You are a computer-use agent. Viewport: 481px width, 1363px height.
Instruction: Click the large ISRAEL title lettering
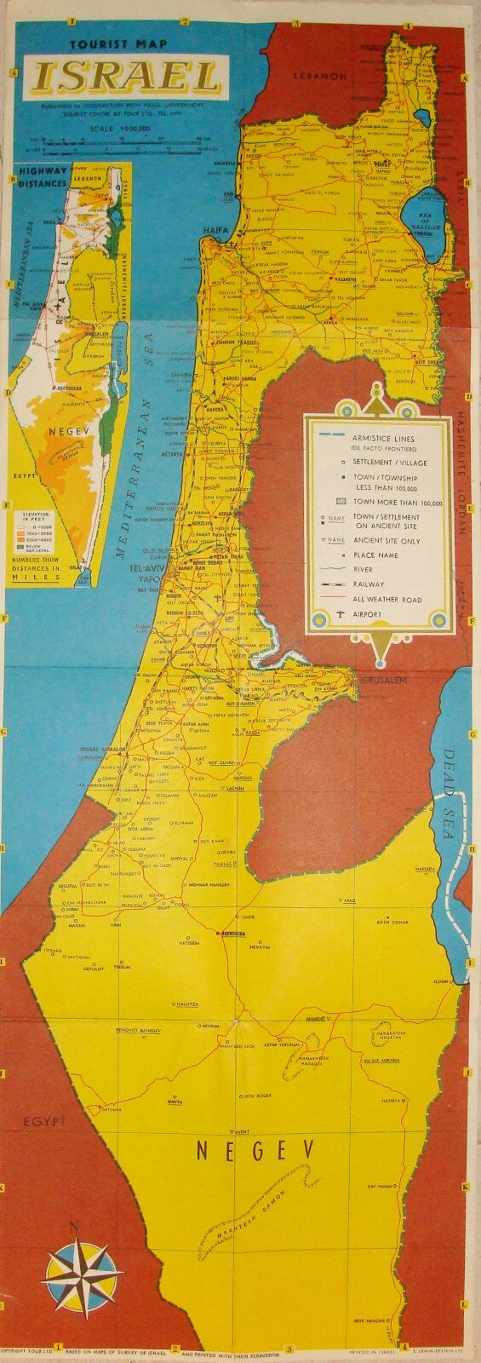[x=127, y=78]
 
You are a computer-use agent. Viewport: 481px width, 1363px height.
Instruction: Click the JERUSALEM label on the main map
[x=382, y=681]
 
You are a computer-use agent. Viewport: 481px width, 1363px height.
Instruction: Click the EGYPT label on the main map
[x=44, y=1121]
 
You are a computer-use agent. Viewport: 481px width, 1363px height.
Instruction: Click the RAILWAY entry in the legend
[x=367, y=584]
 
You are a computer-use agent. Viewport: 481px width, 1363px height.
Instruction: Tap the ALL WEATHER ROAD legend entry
[x=383, y=599]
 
